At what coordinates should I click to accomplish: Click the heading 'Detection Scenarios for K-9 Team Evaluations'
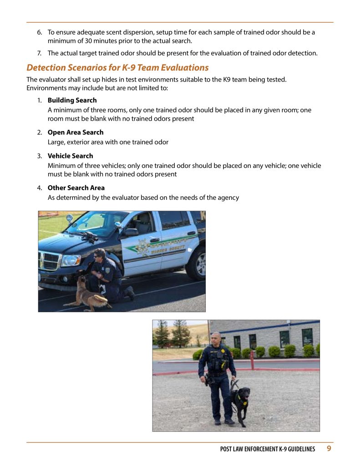pos(117,68)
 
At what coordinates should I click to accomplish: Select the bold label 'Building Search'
pos(72,100)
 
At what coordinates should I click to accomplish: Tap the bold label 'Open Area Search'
pos(76,132)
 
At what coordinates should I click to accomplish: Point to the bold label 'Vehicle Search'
pos(70,156)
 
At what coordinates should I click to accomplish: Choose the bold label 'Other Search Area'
pos(76,187)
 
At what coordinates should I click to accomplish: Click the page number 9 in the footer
pos(329,449)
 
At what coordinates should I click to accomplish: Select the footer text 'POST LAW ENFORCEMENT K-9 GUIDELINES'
pos(267,449)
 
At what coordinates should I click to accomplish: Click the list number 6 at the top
pos(39,32)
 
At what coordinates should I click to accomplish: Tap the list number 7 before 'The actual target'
pos(39,53)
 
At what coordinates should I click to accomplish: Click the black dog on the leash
pos(240,403)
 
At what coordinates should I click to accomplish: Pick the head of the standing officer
pos(217,339)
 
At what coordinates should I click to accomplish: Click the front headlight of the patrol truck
pos(71,260)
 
